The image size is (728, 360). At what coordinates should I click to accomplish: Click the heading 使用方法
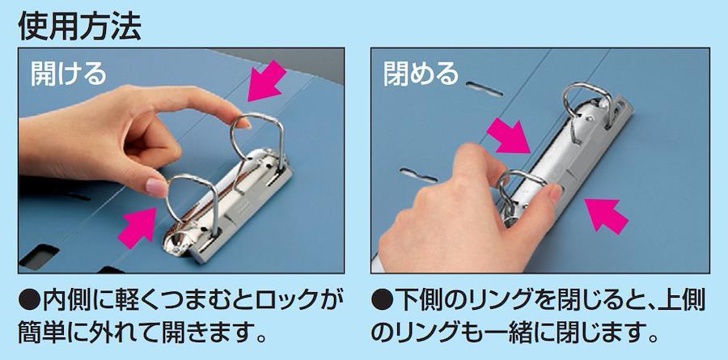tap(79, 26)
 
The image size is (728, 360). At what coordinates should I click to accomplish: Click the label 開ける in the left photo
tap(69, 74)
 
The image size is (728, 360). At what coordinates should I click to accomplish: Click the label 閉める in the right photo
tap(421, 74)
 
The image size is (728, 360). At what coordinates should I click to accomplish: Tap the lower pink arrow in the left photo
tap(138, 227)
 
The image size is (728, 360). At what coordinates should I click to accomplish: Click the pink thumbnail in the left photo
tap(156, 187)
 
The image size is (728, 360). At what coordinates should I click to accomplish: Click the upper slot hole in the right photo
tap(485, 89)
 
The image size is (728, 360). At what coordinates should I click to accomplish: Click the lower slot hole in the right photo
tap(418, 175)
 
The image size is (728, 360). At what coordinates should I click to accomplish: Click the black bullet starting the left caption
tap(30, 301)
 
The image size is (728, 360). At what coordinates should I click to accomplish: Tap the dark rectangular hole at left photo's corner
tap(40, 257)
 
